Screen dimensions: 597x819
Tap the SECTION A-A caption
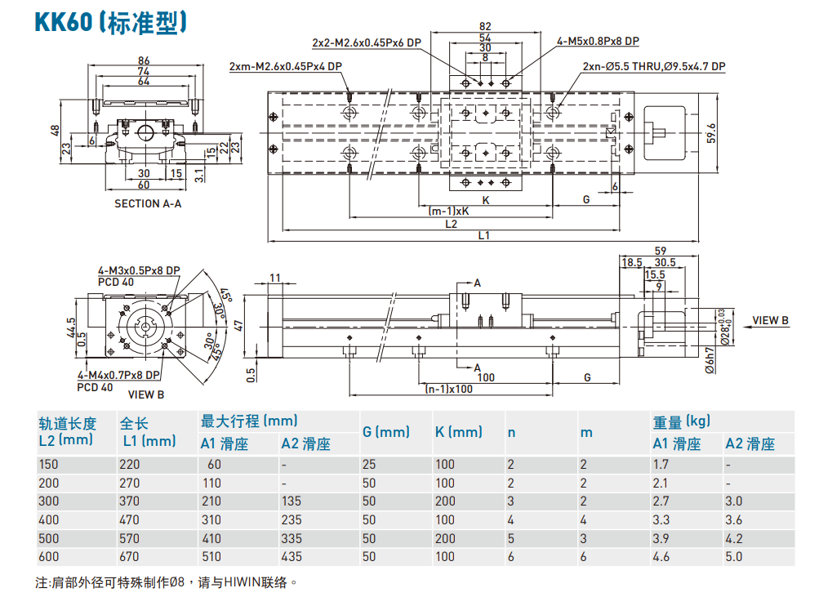point(148,203)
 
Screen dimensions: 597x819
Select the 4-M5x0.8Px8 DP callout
point(598,42)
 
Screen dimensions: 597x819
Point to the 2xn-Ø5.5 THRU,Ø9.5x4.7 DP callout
point(653,67)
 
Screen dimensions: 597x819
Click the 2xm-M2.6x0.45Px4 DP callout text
point(286,67)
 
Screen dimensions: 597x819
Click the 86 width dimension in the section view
point(144,60)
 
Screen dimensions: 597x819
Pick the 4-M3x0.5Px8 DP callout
point(139,270)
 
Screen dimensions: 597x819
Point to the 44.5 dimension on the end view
point(72,327)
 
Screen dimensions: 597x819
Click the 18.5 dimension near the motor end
point(631,262)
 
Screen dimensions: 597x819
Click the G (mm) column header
point(385,431)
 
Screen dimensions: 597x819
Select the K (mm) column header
point(458,431)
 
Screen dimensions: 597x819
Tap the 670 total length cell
point(130,557)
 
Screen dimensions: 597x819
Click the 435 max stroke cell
point(292,557)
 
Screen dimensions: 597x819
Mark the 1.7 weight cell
point(661,464)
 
